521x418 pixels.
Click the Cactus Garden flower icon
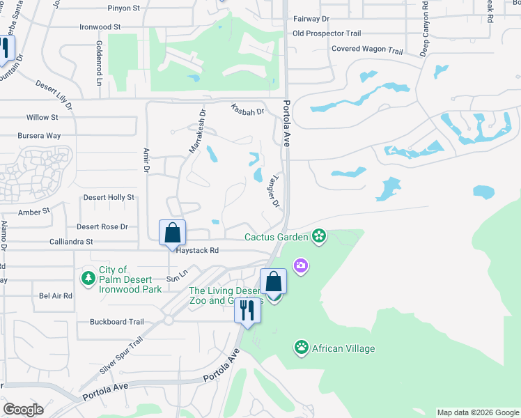click(319, 237)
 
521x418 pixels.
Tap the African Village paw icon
click(301, 348)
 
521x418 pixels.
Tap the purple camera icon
click(301, 265)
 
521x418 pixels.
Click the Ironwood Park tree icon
click(88, 279)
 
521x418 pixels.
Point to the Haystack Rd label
click(197, 250)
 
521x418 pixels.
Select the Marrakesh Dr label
click(197, 130)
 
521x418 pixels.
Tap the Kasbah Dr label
click(248, 110)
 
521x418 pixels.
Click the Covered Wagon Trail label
click(367, 50)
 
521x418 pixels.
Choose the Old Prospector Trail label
click(327, 33)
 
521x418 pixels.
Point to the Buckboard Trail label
click(116, 322)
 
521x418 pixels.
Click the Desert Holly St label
click(109, 198)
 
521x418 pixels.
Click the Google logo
click(23, 410)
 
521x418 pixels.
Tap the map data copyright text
click(478, 412)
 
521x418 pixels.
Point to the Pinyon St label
click(124, 8)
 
